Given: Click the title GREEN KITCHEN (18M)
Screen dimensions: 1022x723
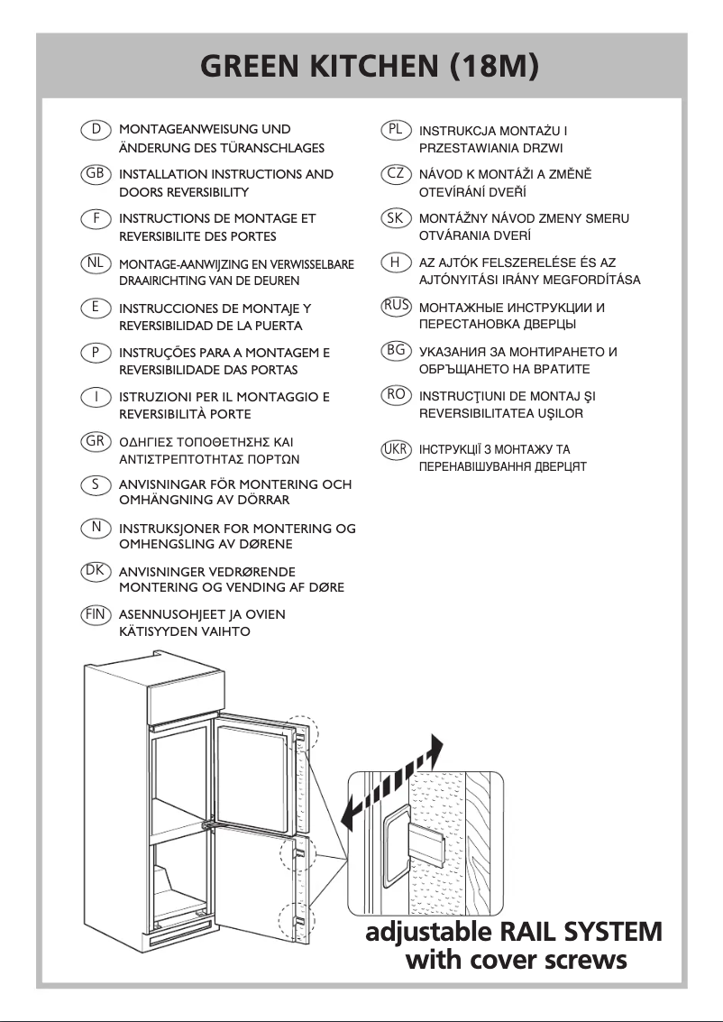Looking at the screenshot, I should (x=370, y=68).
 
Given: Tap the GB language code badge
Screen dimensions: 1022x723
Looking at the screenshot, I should (x=95, y=173).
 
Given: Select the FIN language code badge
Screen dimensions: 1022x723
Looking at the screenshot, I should (x=95, y=614).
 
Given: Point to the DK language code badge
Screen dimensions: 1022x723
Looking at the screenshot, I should (x=95, y=570).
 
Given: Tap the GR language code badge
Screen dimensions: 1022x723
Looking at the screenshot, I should (x=95, y=441).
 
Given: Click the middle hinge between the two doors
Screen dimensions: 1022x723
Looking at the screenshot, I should (x=209, y=822).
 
